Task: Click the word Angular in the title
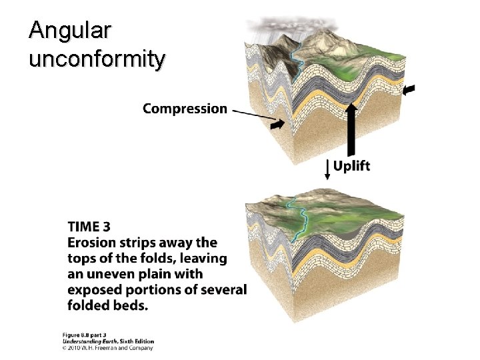[x=71, y=31]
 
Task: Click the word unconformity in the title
[x=97, y=59]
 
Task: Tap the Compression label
[x=185, y=108]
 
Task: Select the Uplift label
[x=351, y=166]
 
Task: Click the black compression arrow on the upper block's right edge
[x=408, y=89]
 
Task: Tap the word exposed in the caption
[x=95, y=290]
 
